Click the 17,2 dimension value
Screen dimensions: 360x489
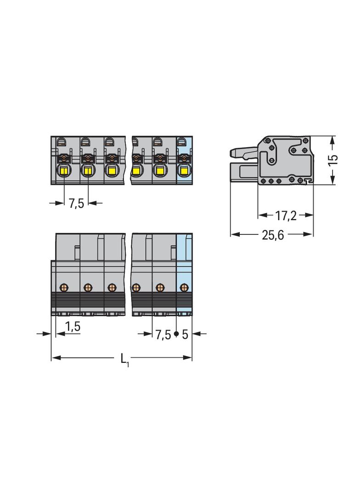tap(286, 216)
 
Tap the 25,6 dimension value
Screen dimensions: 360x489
tap(273, 235)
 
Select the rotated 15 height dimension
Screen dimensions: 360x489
tap(333, 160)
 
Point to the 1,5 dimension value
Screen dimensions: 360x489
tap(73, 326)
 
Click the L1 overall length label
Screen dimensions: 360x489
tap(125, 360)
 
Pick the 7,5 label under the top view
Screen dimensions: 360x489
tap(77, 204)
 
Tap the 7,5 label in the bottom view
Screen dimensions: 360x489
tap(163, 334)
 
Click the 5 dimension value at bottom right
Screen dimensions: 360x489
tap(185, 334)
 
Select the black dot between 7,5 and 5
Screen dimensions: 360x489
tap(176, 334)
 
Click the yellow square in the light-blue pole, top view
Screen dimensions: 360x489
tap(184, 171)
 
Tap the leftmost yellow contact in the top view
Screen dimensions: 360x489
tap(64, 171)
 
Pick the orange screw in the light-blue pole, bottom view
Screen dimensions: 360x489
tap(185, 287)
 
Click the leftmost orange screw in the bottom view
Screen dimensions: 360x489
tap(64, 287)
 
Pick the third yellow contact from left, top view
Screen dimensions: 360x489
tap(112, 171)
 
